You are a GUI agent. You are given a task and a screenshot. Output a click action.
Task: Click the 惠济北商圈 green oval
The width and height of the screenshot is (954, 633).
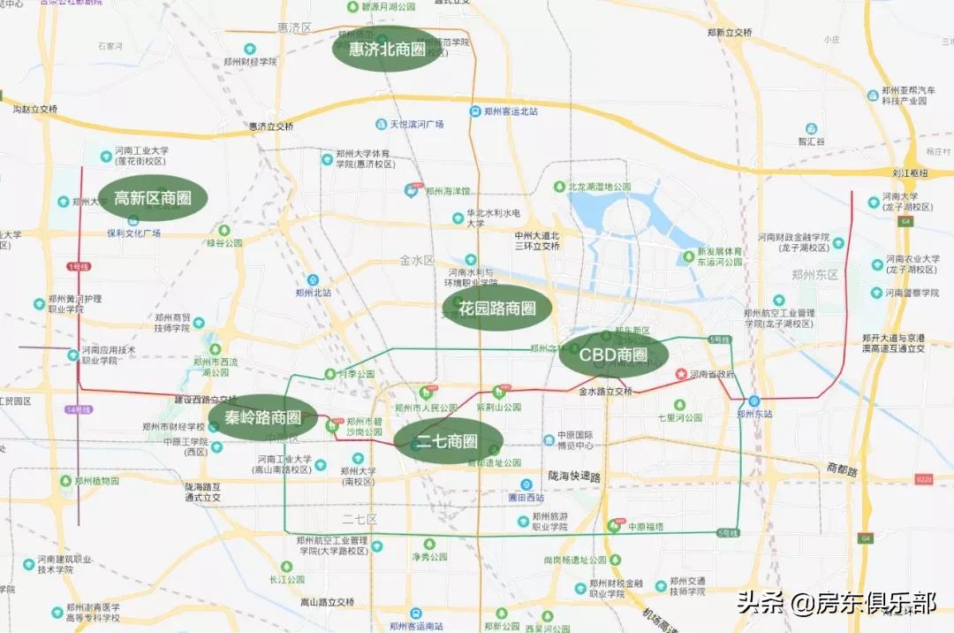point(387,50)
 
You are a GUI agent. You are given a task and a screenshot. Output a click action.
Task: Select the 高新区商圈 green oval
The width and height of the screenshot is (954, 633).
point(153,198)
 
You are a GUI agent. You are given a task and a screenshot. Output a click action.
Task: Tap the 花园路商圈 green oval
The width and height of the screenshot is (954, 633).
point(496,308)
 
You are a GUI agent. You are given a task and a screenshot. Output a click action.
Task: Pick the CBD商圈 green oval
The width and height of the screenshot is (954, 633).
point(613,355)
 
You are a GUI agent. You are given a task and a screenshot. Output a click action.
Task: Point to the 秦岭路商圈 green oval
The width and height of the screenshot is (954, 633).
point(263,417)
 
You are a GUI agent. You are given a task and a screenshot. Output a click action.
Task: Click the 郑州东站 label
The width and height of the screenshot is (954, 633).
point(754,413)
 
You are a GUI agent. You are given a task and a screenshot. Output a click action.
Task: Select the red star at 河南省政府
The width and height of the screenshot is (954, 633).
point(680,375)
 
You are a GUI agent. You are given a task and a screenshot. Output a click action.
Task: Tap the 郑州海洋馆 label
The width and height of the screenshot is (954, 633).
point(448,190)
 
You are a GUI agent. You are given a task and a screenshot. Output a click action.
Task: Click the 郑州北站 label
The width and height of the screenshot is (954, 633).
point(314,292)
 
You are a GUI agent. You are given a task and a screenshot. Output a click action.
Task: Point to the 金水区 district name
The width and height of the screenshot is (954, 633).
point(417,261)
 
